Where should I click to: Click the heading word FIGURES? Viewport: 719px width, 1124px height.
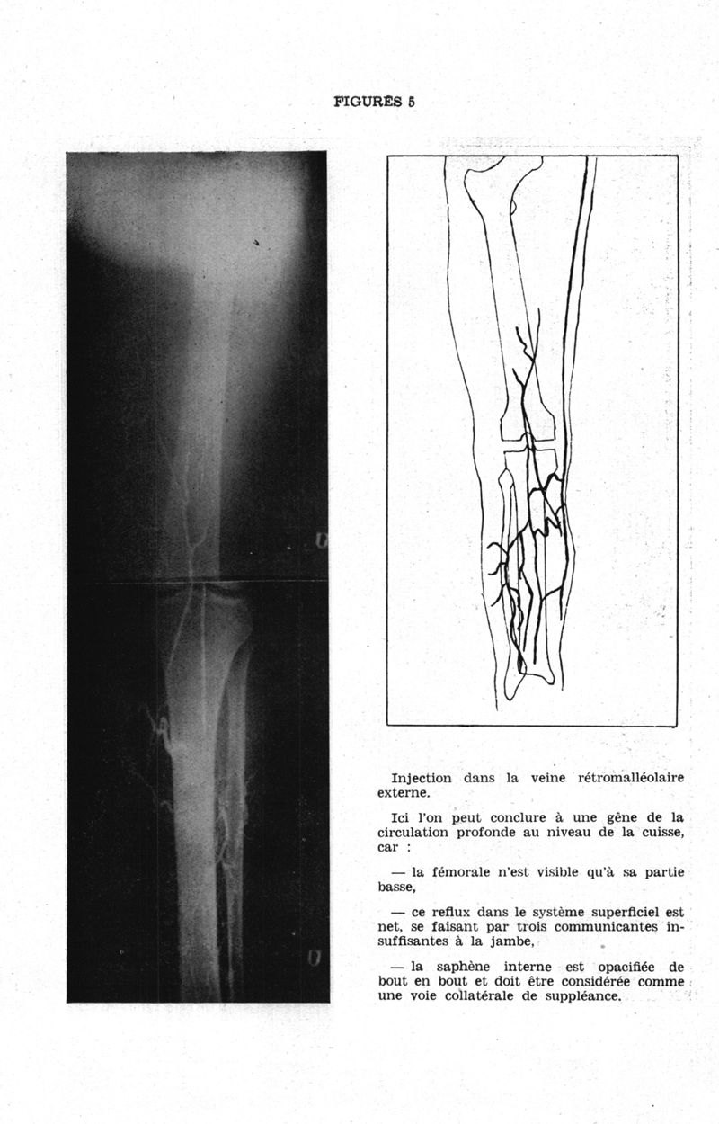pyautogui.click(x=368, y=102)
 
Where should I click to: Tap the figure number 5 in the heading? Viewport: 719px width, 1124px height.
pyautogui.click(x=411, y=102)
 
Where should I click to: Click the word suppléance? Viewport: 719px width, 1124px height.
pyautogui.click(x=581, y=996)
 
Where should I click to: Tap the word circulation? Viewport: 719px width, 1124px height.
pyautogui.click(x=417, y=833)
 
